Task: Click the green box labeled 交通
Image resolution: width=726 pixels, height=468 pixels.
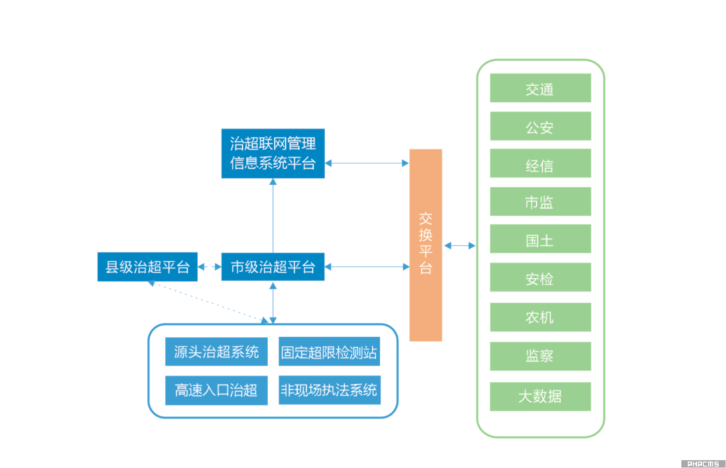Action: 540,88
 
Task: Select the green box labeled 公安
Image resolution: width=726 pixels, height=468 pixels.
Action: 540,126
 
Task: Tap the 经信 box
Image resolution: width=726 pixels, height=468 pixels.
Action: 540,164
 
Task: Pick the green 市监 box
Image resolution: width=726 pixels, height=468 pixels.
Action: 540,202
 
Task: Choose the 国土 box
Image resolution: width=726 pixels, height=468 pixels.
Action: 540,239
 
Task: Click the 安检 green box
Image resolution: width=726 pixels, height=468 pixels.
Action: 540,277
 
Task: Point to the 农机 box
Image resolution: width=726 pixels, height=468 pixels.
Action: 540,317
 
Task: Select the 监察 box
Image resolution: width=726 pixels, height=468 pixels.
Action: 540,356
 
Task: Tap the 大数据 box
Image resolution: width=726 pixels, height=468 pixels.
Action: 540,397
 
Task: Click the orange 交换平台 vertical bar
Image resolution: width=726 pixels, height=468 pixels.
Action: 425,245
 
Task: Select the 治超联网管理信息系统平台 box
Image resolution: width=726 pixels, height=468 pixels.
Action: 273,153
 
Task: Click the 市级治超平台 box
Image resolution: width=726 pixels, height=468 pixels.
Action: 273,267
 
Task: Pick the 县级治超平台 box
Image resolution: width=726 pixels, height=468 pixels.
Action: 147,267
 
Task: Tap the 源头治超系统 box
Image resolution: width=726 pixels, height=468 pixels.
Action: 216,352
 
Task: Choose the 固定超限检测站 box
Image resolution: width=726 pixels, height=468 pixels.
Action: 329,352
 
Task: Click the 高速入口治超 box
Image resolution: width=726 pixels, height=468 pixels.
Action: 216,391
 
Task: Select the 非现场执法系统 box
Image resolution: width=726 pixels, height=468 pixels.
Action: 329,391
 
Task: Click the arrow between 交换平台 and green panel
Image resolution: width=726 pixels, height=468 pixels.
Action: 459,246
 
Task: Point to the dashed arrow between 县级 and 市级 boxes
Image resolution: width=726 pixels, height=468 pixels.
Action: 209,267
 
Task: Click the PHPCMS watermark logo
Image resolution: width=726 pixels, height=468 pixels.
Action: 703,464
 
